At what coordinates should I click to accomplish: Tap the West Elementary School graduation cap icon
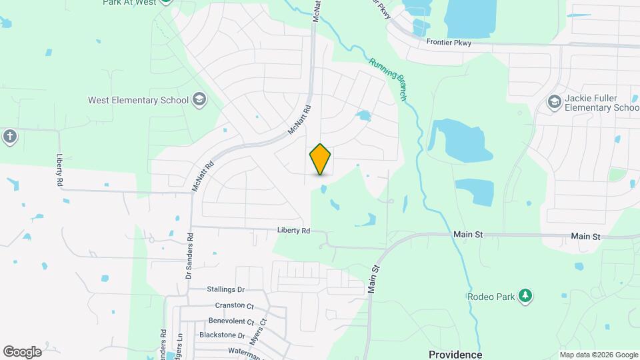point(199,101)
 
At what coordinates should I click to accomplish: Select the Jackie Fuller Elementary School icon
point(553,102)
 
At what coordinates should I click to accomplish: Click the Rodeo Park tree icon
point(525,296)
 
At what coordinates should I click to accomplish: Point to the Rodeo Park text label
point(491,297)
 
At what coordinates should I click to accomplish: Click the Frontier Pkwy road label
point(449,43)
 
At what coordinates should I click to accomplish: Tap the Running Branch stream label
point(389,79)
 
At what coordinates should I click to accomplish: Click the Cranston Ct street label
point(234,305)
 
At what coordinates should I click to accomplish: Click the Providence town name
point(455,354)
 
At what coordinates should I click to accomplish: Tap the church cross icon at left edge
point(9,137)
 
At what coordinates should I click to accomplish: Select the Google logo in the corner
point(22,352)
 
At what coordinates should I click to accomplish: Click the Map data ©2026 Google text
point(599,355)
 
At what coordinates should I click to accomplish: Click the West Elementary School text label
point(139,101)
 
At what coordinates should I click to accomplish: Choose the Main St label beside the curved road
point(374,279)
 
